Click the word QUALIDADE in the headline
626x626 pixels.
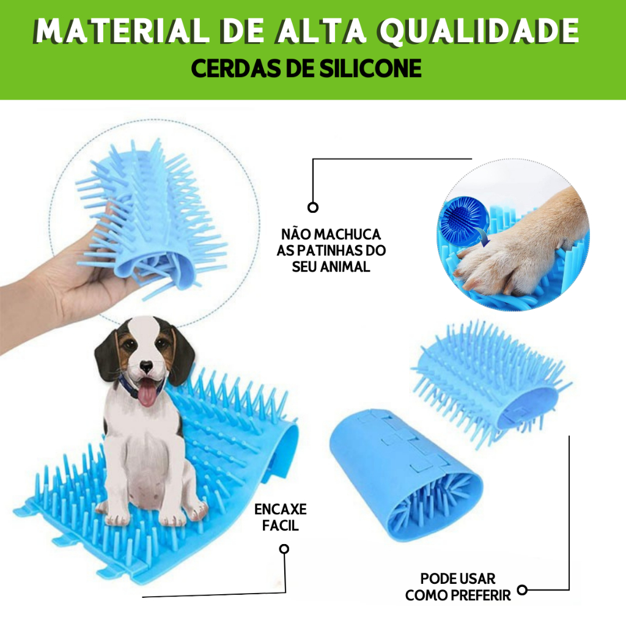479,31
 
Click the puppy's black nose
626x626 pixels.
147,367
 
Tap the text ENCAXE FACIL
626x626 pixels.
280,517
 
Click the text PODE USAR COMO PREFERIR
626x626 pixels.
458,587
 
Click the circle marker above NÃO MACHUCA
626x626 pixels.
313,207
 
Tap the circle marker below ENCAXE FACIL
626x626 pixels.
284,549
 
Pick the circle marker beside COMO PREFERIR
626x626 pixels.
522,590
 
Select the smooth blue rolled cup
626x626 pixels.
405,473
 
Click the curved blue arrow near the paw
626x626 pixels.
484,238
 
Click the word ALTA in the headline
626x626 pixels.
321,31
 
